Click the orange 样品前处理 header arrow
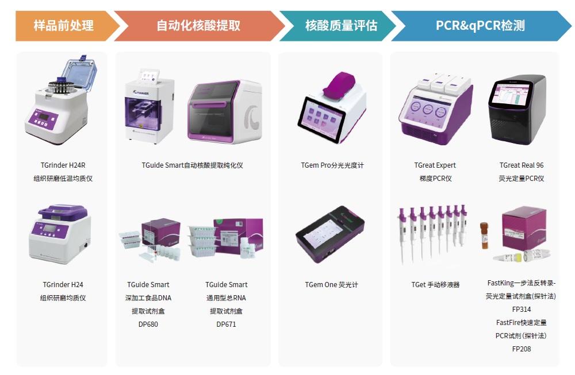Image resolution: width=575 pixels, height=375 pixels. (x=66, y=26)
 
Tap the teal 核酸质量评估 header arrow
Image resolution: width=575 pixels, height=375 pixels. (x=339, y=26)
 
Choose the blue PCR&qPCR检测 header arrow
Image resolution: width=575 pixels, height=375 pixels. (x=480, y=26)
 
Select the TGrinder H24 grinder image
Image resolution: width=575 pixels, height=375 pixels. (x=60, y=234)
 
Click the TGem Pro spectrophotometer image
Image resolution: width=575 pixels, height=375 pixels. (x=332, y=107)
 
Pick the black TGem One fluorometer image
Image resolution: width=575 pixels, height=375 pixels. (x=330, y=234)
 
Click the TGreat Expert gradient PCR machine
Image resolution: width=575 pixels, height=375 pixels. (x=436, y=110)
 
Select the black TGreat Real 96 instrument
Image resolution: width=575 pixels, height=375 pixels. (x=517, y=109)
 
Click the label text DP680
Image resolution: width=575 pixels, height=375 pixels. (x=148, y=324)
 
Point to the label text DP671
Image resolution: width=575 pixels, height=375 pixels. (x=226, y=324)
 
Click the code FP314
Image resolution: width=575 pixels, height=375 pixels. (x=522, y=310)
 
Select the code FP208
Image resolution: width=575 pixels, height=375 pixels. (x=522, y=349)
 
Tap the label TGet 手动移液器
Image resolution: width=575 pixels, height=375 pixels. (x=435, y=284)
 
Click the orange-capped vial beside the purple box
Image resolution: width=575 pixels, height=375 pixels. (x=484, y=235)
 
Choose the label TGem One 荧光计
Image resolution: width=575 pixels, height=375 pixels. (x=332, y=284)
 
